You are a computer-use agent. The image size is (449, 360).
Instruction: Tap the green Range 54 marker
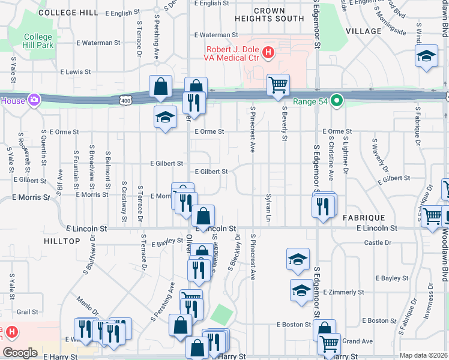[338, 100]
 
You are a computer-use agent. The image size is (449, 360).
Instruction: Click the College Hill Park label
[38, 41]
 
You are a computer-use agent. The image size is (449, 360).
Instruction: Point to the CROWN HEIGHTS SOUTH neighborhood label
[279, 15]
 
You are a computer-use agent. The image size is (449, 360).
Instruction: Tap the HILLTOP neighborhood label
[62, 241]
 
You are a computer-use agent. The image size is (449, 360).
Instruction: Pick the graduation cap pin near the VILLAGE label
[426, 57]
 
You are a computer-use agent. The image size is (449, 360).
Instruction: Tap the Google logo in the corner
[20, 353]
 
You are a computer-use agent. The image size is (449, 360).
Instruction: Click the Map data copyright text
[423, 355]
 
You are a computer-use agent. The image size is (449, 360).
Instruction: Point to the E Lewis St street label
[71, 71]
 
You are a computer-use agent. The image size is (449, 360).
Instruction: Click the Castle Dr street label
[378, 242]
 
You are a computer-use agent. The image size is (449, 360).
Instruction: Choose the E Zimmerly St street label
[343, 292]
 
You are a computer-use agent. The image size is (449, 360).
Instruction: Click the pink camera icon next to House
[35, 100]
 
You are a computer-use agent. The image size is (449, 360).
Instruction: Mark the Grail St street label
[28, 312]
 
